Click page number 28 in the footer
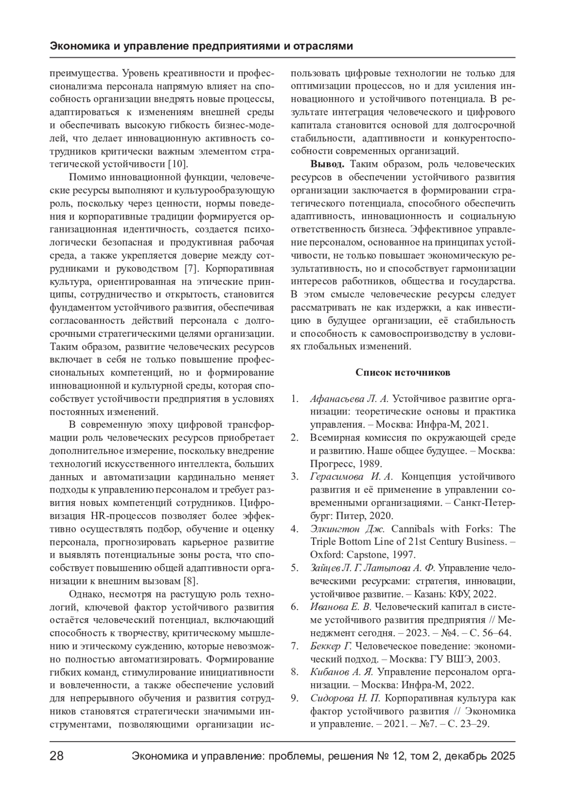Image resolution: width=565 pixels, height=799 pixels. pyautogui.click(x=56, y=757)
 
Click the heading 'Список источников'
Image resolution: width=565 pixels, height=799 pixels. pyautogui.click(x=403, y=372)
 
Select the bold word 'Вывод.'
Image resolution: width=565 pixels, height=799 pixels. pyautogui.click(x=327, y=164)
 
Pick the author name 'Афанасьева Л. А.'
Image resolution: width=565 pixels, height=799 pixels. pyautogui.click(x=349, y=399)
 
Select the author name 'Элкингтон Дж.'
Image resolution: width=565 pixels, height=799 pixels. pyautogui.click(x=347, y=528)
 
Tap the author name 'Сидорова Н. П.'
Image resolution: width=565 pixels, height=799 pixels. pyautogui.click(x=345, y=698)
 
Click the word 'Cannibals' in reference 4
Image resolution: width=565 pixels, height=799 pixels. pyautogui.click(x=413, y=528)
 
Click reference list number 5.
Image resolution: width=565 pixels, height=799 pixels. pyautogui.click(x=295, y=567)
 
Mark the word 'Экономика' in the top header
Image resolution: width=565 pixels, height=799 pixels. pyautogui.click(x=78, y=47)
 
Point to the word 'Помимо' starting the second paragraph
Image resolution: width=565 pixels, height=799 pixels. pyautogui.click(x=87, y=177)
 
